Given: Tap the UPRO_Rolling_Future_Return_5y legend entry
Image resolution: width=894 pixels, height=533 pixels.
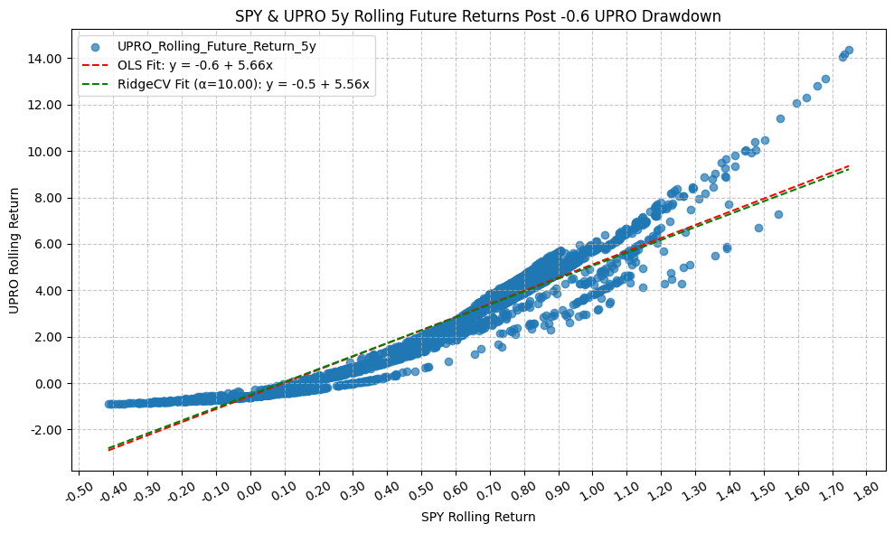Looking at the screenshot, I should pos(216,46).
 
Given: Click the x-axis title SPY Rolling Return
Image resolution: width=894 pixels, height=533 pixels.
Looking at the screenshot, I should pos(478,517).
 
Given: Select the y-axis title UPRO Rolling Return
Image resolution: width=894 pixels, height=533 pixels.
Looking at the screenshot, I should pos(14,251).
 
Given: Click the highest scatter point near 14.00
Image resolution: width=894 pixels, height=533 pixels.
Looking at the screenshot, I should pos(849,51).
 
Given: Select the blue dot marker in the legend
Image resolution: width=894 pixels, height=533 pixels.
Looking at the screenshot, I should pos(95,46).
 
